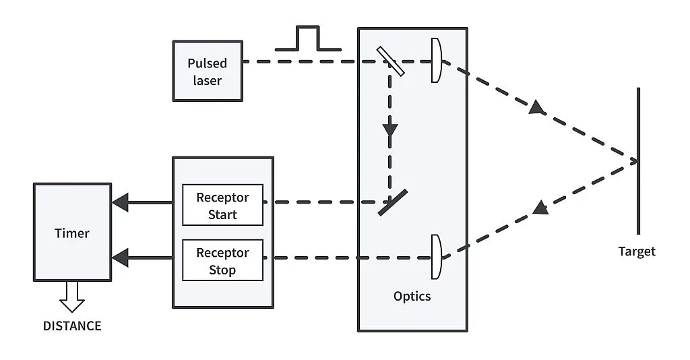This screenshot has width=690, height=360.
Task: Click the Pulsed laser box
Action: tap(207, 71)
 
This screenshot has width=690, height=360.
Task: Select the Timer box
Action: tap(72, 233)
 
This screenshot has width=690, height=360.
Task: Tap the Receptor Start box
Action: tap(222, 206)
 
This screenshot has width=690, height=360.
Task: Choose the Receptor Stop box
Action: tap(222, 262)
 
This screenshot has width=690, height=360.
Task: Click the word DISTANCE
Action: tap(72, 326)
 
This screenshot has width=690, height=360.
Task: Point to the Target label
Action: tap(637, 251)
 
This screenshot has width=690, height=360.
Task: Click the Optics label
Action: tap(412, 296)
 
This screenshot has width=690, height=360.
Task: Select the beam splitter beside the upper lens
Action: tap(390, 61)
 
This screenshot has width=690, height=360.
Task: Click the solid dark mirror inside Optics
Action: tap(391, 202)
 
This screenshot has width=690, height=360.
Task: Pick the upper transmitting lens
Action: tap(437, 61)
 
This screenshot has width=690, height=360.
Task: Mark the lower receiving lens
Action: tap(436, 257)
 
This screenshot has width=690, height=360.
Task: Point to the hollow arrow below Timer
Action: tap(72, 295)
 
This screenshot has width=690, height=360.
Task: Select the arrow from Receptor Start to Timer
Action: tap(142, 202)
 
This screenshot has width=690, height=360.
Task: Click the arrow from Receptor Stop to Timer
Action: tap(142, 257)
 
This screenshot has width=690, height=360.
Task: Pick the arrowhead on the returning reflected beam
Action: tap(540, 207)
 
